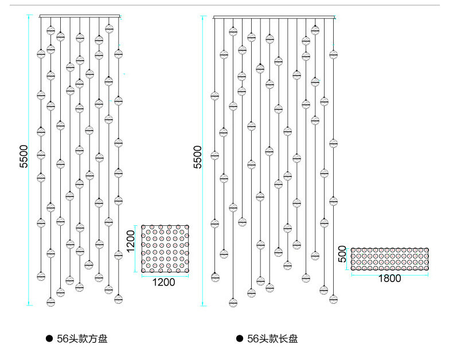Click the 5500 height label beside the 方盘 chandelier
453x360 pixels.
point(24,156)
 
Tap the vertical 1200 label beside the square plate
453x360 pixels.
point(131,241)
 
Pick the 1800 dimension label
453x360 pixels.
point(390,279)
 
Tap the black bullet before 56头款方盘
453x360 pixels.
point(49,339)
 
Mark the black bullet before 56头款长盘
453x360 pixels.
point(240,339)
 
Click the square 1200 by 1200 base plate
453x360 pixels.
point(166,248)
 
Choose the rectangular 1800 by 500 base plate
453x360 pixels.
point(389,259)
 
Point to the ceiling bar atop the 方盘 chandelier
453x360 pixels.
point(80,16)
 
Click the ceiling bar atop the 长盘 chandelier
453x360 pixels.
point(274,17)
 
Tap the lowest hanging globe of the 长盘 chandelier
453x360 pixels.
point(233,302)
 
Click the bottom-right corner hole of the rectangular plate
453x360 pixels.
point(425,267)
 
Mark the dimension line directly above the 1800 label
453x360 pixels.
point(389,273)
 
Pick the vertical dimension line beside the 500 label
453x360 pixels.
point(347,259)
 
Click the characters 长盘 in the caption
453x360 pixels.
point(289,339)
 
